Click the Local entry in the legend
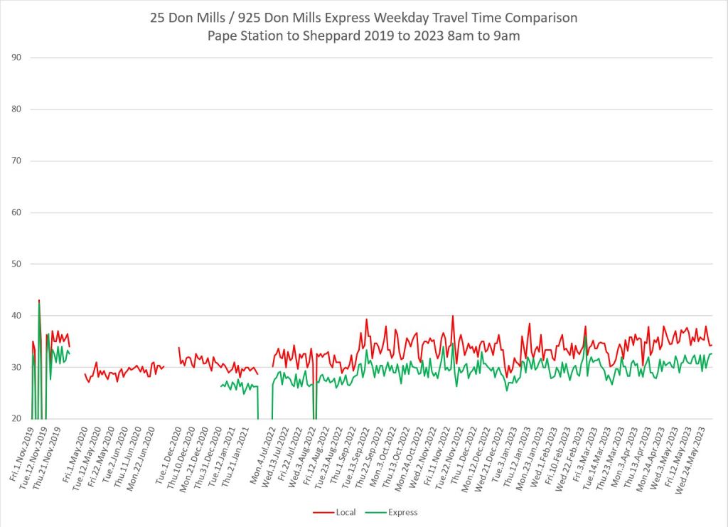(x=346, y=512)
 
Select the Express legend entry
(x=402, y=512)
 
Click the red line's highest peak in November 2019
(x=39, y=300)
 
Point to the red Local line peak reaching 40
(x=452, y=316)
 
